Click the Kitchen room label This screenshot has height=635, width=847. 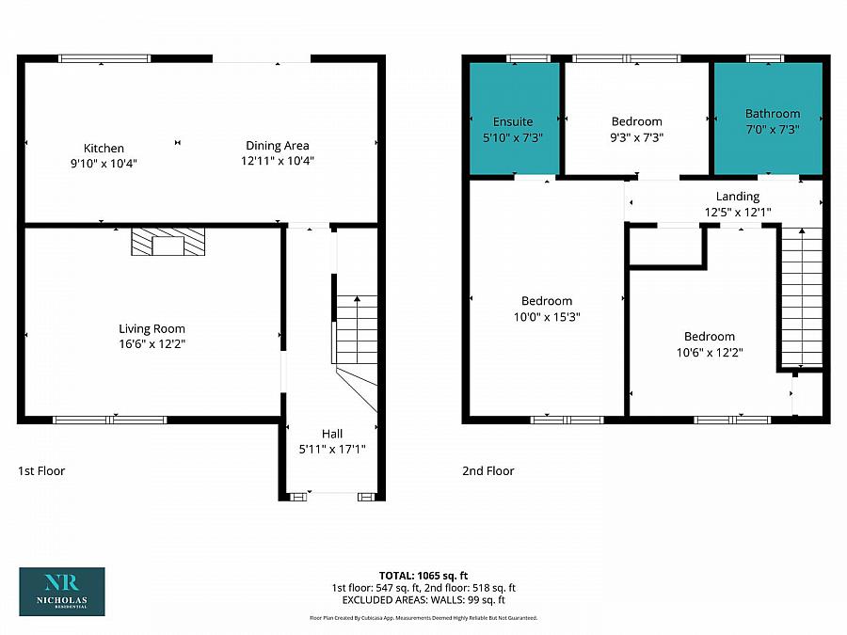(x=104, y=148)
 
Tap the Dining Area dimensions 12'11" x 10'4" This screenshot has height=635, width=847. (x=277, y=161)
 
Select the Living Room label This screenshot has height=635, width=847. (x=152, y=328)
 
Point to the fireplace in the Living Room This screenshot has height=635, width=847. (x=168, y=244)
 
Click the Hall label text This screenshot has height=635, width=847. (x=332, y=434)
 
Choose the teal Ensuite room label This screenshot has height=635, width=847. (x=513, y=121)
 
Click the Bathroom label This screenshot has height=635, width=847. (x=773, y=114)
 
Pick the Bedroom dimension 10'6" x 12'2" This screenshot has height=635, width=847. (x=710, y=353)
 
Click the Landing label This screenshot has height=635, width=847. (x=737, y=196)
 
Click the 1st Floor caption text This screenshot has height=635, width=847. (x=41, y=470)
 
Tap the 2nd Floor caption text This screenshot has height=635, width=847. (x=487, y=470)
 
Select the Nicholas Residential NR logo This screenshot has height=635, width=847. (x=62, y=591)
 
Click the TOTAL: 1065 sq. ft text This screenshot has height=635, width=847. (x=424, y=575)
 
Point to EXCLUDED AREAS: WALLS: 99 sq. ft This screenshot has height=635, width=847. (x=423, y=599)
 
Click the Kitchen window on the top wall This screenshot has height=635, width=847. (x=104, y=58)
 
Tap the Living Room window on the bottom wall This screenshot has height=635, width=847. (x=110, y=420)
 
